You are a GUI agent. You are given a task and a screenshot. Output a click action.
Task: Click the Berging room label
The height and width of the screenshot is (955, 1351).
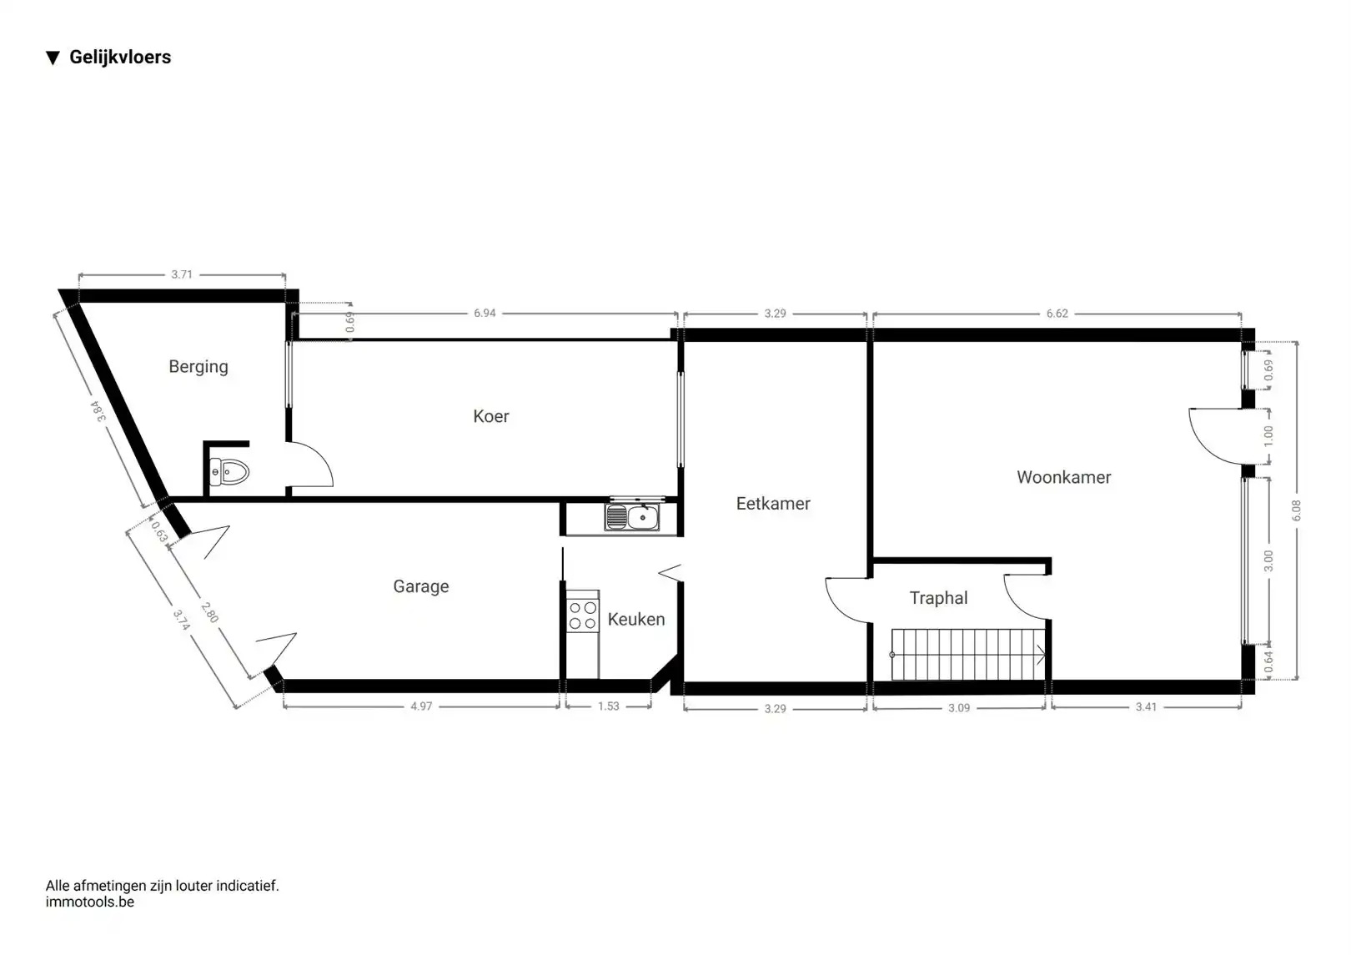(198, 367)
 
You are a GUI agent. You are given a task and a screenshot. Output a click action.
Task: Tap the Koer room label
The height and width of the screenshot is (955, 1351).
(491, 416)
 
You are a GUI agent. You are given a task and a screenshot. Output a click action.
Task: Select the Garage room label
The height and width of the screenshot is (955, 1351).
(421, 586)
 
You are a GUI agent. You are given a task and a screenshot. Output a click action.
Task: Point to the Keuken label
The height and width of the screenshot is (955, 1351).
(636, 619)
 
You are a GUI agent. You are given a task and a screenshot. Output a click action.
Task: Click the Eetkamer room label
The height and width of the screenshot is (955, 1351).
(773, 504)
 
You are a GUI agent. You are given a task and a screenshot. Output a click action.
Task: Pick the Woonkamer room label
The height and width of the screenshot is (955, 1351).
(1064, 477)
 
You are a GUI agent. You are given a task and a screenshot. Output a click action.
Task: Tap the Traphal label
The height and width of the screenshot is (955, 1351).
(939, 598)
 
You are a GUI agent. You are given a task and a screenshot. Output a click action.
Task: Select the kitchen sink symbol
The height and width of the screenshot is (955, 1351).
(632, 517)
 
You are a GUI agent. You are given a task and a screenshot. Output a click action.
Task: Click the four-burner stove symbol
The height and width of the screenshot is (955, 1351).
(583, 615)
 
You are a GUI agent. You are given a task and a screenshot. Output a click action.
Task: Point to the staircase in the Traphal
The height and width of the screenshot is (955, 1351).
(967, 654)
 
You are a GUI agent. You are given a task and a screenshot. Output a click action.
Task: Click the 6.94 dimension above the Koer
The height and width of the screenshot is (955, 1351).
(485, 314)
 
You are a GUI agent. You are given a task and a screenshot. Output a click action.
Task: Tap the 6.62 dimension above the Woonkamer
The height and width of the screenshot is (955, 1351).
(1057, 314)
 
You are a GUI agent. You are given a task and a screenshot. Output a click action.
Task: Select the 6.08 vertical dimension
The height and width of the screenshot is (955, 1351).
(1296, 510)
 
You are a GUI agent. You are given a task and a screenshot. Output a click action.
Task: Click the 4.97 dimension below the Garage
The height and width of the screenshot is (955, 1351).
(421, 706)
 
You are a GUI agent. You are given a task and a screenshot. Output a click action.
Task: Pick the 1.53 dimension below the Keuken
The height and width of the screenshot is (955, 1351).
(609, 706)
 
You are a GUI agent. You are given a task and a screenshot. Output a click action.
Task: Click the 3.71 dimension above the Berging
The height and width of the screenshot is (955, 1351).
(182, 274)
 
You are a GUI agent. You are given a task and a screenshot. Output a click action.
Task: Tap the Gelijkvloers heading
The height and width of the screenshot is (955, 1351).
(120, 58)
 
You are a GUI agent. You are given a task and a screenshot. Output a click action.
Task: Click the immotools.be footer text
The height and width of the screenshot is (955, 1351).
(90, 902)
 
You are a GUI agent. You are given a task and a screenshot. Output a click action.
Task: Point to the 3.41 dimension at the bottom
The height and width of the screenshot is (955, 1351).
(1146, 706)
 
